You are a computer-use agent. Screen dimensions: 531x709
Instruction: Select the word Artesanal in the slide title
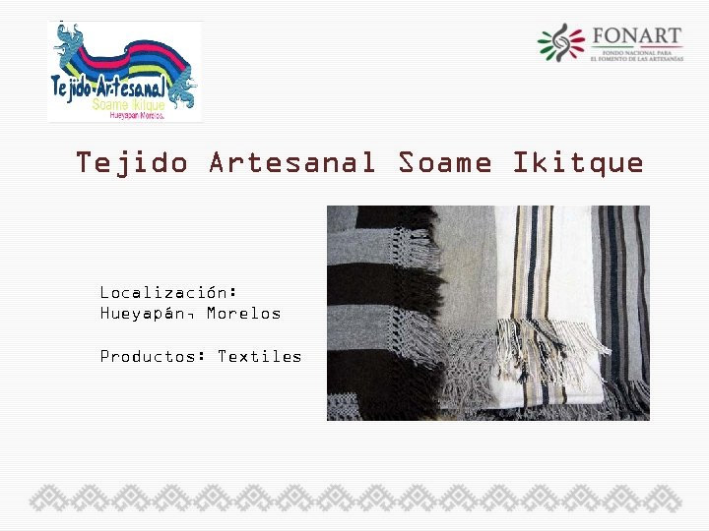click(x=292, y=162)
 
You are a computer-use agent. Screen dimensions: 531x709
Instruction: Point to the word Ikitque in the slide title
click(x=578, y=162)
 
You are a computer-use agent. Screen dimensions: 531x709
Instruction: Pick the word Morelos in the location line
click(x=243, y=314)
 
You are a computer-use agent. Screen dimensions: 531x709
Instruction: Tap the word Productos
click(x=153, y=356)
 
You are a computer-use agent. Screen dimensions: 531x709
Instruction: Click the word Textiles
click(x=260, y=356)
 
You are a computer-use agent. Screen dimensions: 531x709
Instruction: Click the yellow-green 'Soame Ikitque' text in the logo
click(x=128, y=102)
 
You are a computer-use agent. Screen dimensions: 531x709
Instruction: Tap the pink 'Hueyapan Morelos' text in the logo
click(x=129, y=115)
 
